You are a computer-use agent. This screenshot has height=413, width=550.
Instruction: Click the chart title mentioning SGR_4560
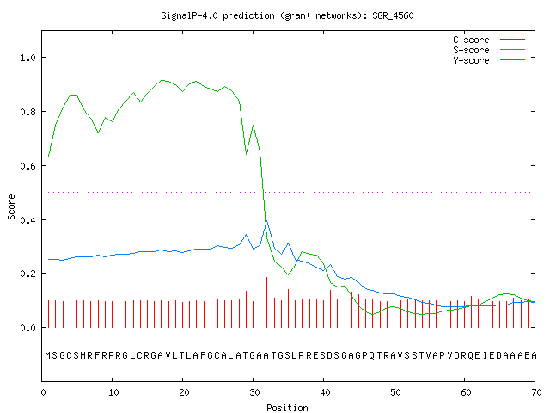pos(287,15)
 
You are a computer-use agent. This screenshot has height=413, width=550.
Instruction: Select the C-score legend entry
pos(489,40)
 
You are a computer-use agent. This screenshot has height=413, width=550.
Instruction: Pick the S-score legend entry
pos(489,50)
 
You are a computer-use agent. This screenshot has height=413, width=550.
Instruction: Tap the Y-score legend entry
pos(489,60)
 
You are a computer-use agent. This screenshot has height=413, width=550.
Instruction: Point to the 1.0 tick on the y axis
pos(28,58)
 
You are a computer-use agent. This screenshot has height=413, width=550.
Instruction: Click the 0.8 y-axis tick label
pos(28,112)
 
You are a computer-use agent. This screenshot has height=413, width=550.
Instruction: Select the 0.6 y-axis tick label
pos(28,166)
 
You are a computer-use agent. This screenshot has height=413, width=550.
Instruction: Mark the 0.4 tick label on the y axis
pos(28,220)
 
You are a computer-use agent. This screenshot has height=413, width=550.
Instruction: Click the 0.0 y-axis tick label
pos(28,328)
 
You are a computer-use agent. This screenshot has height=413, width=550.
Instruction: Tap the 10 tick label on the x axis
pos(113,392)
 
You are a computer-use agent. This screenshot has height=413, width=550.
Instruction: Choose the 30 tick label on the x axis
pos(254,392)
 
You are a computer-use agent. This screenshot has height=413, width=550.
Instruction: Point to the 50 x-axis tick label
pos(395,392)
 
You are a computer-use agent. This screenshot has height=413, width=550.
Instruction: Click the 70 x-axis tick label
pos(536,392)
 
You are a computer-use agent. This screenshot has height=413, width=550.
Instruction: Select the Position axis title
pos(287,408)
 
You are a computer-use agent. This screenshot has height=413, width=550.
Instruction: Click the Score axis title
pos(11,206)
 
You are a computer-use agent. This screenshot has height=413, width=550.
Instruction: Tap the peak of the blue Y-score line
pos(267,220)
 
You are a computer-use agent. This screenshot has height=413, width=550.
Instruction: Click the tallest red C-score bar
pos(267,302)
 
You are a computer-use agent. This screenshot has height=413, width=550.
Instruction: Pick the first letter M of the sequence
pos(48,355)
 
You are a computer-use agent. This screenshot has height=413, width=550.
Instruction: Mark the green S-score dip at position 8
pos(98,133)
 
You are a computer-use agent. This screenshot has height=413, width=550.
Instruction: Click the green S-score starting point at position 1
pos(48,157)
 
